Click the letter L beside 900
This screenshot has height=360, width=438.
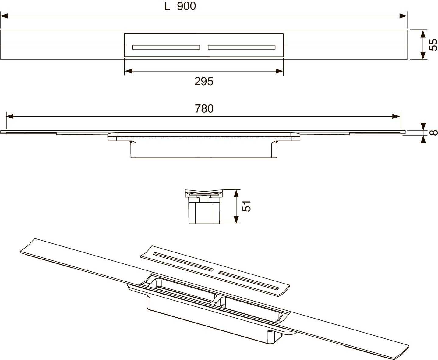point(167,6)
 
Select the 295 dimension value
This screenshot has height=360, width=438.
point(204,81)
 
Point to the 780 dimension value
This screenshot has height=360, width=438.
point(204,109)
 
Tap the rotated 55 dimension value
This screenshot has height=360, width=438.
point(433,45)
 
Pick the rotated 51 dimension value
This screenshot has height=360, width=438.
point(247,206)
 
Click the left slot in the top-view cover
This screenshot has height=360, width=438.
point(166,48)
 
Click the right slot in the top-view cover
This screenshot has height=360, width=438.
point(242,48)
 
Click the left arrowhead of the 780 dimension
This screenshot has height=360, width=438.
point(10,116)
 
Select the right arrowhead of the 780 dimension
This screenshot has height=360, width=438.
point(396,116)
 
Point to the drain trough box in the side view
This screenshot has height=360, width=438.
point(204,149)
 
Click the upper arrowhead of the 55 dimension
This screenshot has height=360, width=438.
point(423,34)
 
